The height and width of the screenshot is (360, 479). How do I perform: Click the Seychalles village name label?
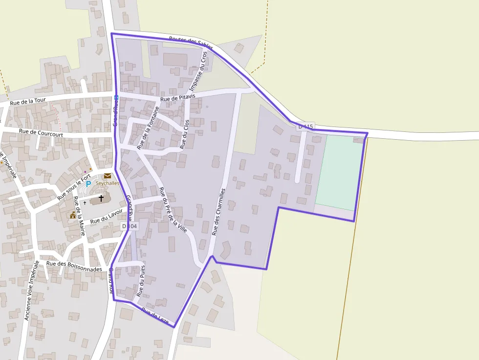(108, 183)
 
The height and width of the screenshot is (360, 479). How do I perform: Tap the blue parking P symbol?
(88, 184)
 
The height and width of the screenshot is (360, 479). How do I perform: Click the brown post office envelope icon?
(107, 176)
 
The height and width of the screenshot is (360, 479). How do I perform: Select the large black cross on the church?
(101, 198)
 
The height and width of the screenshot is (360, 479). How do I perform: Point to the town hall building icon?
(73, 214)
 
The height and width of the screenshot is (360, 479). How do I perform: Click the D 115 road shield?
(305, 127)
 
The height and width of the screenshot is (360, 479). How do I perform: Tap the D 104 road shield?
(130, 226)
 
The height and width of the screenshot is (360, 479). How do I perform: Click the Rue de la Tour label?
(28, 102)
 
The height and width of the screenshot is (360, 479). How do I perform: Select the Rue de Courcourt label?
(39, 131)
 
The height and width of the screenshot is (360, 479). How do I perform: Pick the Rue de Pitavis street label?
(177, 98)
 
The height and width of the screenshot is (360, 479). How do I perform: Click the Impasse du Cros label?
(198, 71)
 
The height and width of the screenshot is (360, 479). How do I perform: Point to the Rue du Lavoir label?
(106, 217)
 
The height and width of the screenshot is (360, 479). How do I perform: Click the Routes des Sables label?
(191, 43)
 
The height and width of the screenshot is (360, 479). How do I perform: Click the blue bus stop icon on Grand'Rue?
(116, 98)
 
